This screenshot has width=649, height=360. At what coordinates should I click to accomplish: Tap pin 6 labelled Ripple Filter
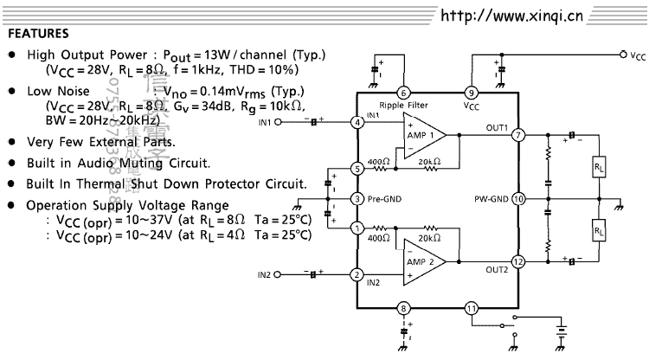click(x=403, y=93)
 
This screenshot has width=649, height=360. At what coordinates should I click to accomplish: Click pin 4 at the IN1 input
click(x=357, y=122)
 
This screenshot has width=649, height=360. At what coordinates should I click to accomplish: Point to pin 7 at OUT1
click(x=518, y=136)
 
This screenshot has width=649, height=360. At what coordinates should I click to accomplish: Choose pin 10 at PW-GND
click(x=518, y=198)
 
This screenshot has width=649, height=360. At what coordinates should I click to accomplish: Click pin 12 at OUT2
click(x=518, y=260)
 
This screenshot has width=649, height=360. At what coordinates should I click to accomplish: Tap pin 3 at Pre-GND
click(x=357, y=199)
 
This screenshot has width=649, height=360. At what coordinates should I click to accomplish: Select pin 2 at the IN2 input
click(x=357, y=275)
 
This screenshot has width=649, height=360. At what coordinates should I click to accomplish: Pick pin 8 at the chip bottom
click(x=403, y=307)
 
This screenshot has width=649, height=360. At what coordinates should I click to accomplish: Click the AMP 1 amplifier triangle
click(x=422, y=136)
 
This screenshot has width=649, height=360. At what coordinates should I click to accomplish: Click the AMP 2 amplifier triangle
click(x=422, y=261)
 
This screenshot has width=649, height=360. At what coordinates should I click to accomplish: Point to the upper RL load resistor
click(x=598, y=165)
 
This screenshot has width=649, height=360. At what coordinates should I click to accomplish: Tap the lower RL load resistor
click(x=598, y=230)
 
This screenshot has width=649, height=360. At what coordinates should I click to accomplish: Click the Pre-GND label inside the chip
click(x=383, y=199)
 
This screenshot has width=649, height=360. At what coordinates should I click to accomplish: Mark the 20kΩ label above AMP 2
click(x=427, y=237)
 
